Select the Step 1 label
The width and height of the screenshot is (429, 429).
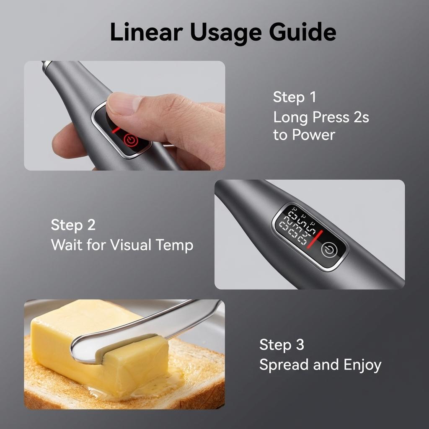pos(294,97)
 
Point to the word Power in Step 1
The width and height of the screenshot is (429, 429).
pos(313,135)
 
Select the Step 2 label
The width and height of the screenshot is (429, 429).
pos(73,225)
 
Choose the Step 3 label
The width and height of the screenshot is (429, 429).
pos(282,345)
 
